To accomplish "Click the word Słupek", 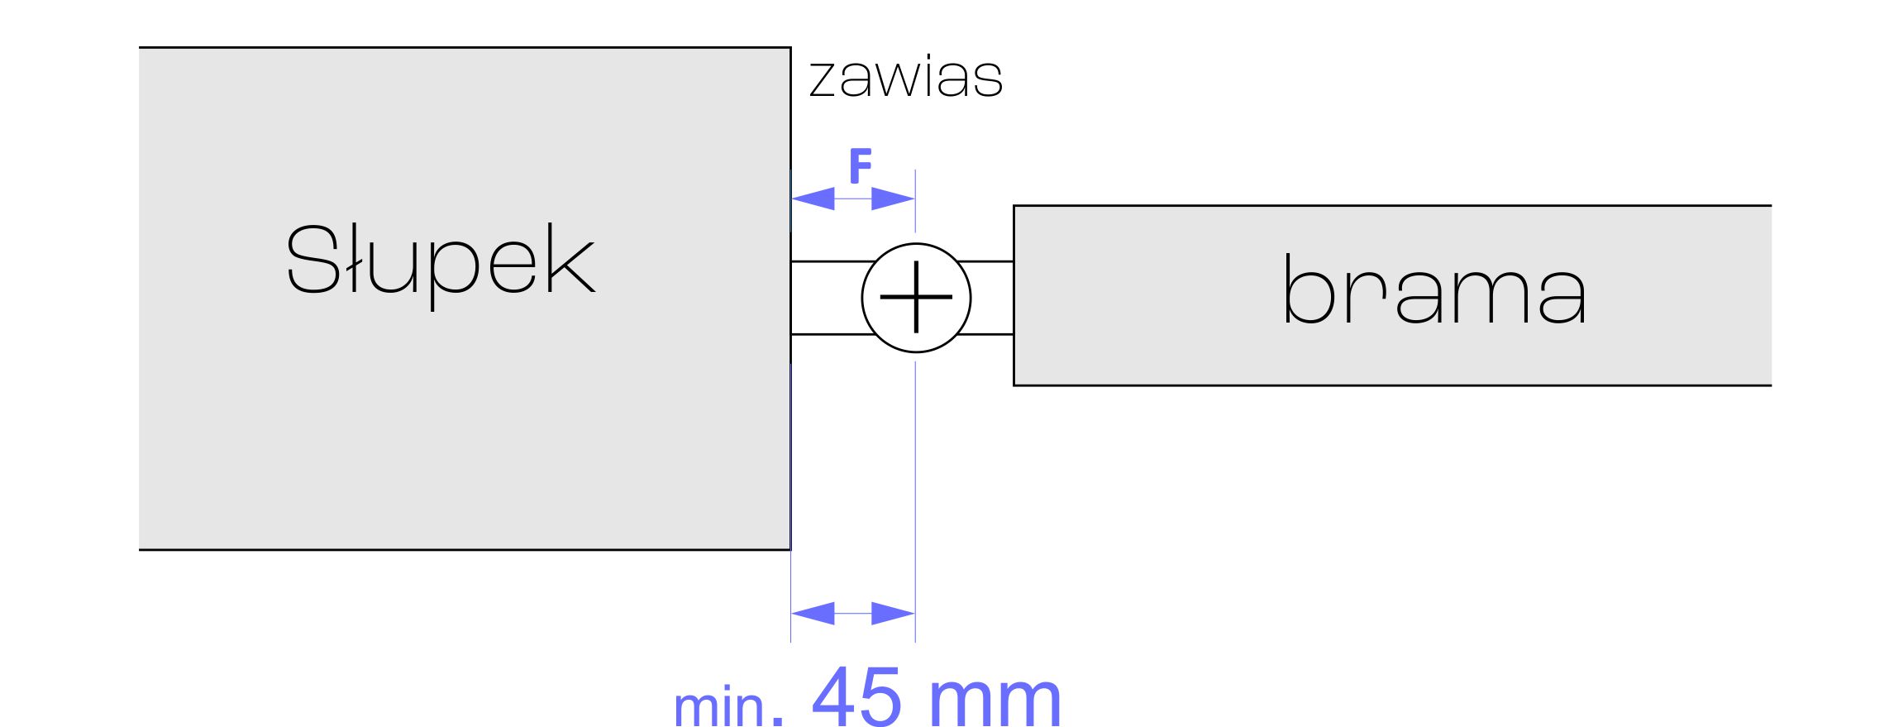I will [x=440, y=263].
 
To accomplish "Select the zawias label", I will [x=906, y=79].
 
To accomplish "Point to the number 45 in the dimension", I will [x=856, y=697].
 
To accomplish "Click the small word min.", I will [x=718, y=707].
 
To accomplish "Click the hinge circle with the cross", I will [x=916, y=298].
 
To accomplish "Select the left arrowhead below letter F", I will [x=813, y=198].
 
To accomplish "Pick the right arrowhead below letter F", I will [x=893, y=198].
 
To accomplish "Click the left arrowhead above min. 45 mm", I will [x=813, y=614].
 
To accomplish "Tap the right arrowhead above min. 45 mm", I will [x=893, y=614].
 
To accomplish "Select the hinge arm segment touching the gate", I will [x=990, y=298].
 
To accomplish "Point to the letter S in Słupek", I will [x=312, y=259].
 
